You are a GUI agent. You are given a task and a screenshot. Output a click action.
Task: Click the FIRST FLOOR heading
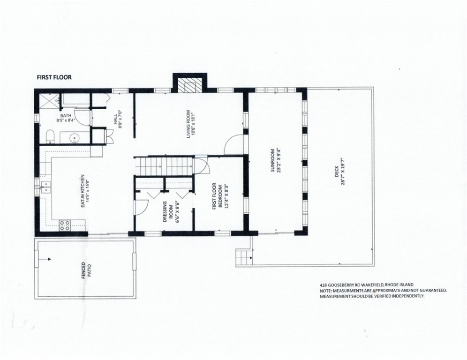pyautogui.click(x=54, y=77)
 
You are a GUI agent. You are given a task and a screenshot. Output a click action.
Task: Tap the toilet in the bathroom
pyautogui.click(x=51, y=137)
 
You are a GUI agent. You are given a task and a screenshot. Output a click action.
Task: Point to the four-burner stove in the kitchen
pyautogui.click(x=65, y=225)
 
